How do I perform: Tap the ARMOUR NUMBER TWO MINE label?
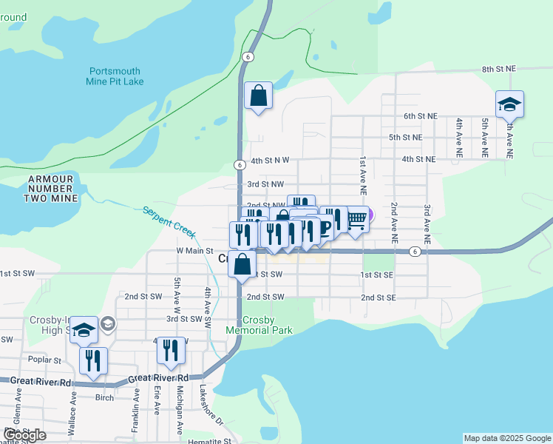(50, 189)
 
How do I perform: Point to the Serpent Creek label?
(169, 221)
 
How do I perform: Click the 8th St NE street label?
(498, 69)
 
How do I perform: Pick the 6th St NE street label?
(420, 117)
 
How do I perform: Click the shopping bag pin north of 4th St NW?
(258, 95)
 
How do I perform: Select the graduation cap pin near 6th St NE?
(509, 104)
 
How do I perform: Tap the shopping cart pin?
(356, 219)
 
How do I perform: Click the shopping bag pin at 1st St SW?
(242, 264)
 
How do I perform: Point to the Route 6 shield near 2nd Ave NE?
(416, 252)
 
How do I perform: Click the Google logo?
(24, 435)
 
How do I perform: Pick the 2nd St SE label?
(379, 297)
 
